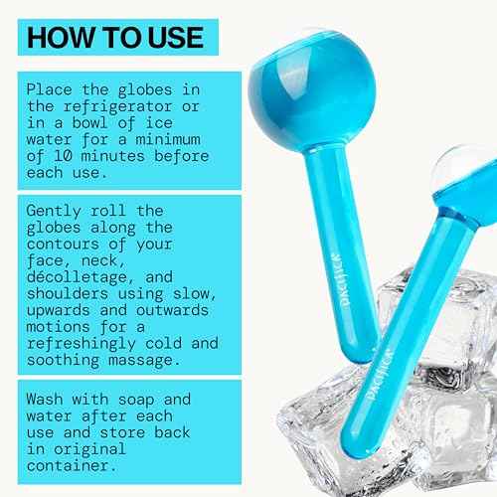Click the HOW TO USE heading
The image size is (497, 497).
tap(114, 39)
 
